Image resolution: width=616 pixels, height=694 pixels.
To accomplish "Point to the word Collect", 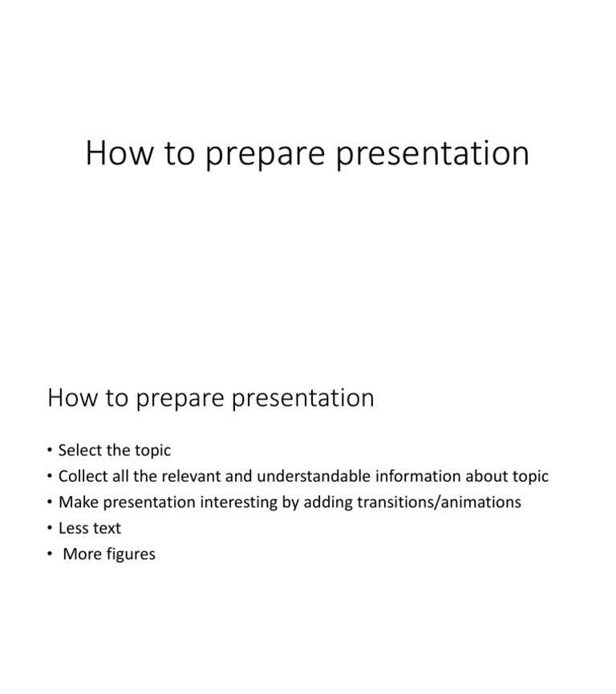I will tap(83, 476).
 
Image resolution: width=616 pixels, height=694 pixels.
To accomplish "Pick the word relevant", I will tap(192, 476).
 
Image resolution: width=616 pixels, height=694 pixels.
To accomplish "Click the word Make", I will tap(76, 502).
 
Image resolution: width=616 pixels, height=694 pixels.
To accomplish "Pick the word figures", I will tap(131, 555).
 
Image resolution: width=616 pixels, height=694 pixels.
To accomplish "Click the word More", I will tap(82, 554).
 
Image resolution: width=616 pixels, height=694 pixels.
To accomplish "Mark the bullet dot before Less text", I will tap(50, 528).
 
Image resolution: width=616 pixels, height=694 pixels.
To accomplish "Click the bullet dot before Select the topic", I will tap(50, 450).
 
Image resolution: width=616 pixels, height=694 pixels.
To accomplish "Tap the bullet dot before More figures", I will tap(50, 554).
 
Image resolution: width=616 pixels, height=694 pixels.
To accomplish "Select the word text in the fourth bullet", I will tap(107, 528).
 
